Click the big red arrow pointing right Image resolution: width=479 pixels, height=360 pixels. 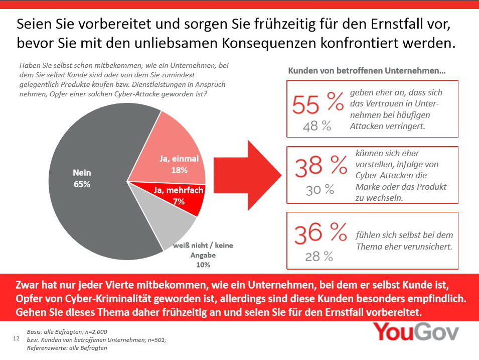[246, 173]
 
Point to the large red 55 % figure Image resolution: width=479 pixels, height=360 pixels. [317, 104]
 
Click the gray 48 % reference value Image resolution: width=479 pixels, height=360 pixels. [317, 126]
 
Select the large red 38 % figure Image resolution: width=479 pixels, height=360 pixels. [321, 168]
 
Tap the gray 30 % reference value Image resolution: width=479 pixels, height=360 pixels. [320, 189]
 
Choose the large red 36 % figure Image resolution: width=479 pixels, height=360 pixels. [320, 233]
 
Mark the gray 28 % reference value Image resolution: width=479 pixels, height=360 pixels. [319, 257]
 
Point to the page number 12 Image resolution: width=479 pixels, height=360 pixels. [15, 340]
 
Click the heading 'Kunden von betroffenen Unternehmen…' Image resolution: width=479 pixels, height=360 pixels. [367, 71]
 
